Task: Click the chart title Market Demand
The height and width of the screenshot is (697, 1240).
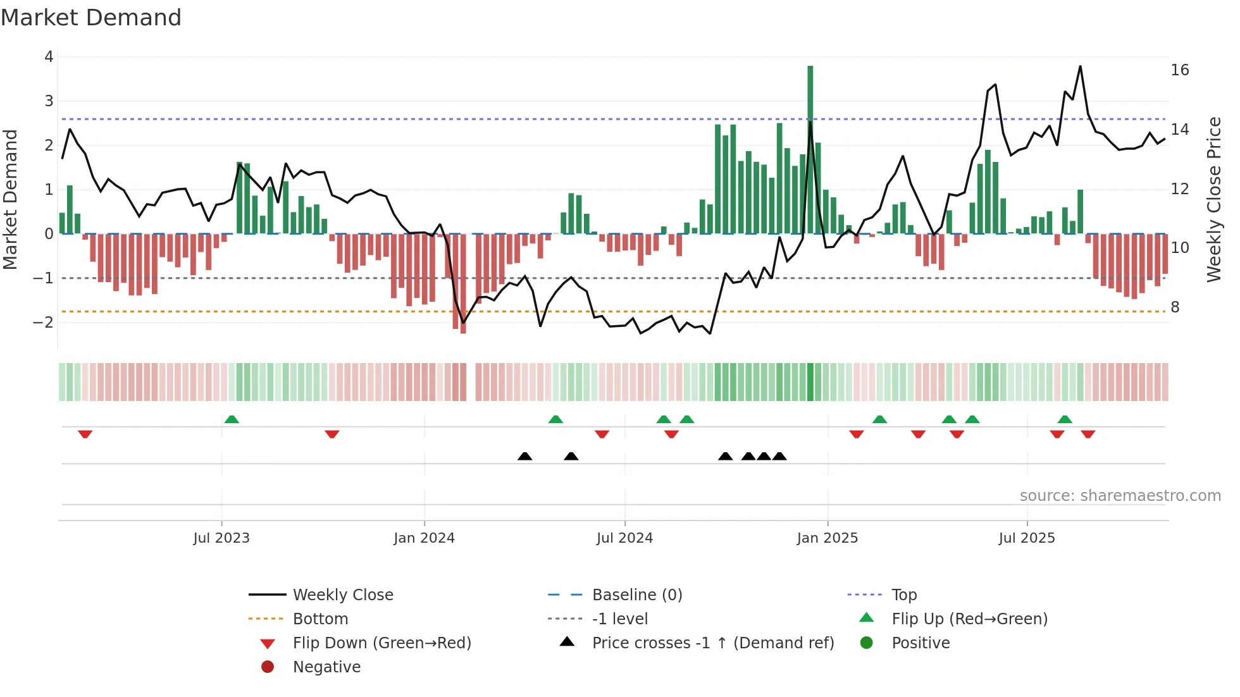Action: pos(91,18)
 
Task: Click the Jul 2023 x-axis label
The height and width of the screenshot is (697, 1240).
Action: pos(221,538)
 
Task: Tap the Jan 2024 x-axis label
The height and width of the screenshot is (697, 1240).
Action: pos(424,538)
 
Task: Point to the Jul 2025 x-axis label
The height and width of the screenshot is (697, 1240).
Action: pos(1027,538)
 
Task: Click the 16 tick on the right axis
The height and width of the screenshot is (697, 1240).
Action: pos(1180,70)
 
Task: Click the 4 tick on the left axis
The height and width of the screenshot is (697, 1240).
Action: pos(49,57)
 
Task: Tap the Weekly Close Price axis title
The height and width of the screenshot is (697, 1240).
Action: pos(1213,199)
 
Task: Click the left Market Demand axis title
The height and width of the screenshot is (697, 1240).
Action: pos(10,199)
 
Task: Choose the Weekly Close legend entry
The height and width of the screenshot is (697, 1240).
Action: pos(343,595)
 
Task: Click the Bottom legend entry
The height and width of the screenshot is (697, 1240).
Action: pos(320,619)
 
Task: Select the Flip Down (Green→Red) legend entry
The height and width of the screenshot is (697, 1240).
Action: pos(381,643)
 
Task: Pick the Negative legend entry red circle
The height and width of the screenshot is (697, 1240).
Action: pos(268,667)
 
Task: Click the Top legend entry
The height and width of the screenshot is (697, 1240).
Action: pos(904,595)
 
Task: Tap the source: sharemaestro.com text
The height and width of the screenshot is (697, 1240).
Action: pos(1120,496)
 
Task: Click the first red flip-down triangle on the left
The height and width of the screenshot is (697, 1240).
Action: pos(85,434)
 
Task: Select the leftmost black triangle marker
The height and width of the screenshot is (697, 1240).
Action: pos(524,456)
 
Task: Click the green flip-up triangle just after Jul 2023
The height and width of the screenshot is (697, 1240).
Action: pos(232,419)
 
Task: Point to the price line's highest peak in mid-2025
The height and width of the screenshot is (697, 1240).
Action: pos(1080,66)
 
